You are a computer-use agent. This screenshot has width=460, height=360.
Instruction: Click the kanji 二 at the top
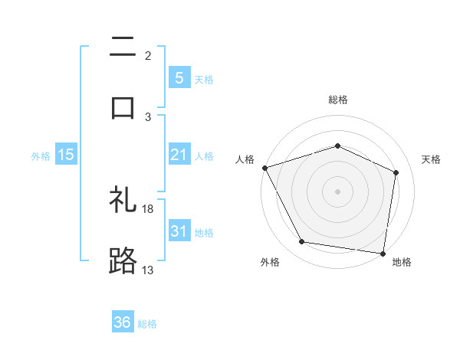point(123,47)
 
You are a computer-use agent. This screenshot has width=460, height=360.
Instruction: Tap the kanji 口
point(123,106)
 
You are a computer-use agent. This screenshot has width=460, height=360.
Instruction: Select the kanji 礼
point(123,201)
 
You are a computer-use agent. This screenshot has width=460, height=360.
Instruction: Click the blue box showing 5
point(179,77)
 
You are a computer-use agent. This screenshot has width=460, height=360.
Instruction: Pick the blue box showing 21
point(179,155)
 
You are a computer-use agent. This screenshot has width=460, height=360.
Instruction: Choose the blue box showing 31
point(179,231)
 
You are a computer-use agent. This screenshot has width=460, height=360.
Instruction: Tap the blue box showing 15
point(66,155)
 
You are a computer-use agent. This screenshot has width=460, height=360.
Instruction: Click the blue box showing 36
point(123,323)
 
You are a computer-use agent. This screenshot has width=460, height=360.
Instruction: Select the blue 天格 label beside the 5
point(204,79)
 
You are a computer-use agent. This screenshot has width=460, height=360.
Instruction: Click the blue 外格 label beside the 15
point(41,156)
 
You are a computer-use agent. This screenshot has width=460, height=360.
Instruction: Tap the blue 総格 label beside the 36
point(147,324)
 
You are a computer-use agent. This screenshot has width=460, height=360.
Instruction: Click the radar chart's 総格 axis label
point(338,100)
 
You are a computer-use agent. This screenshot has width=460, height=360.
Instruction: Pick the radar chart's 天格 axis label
point(431,159)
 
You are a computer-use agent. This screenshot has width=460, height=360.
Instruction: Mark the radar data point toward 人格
point(264,168)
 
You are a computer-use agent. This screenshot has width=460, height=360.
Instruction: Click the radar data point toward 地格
point(383,253)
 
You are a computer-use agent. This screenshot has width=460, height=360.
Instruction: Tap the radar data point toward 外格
point(302,242)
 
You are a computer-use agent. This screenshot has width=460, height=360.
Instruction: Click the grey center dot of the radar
point(337,191)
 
